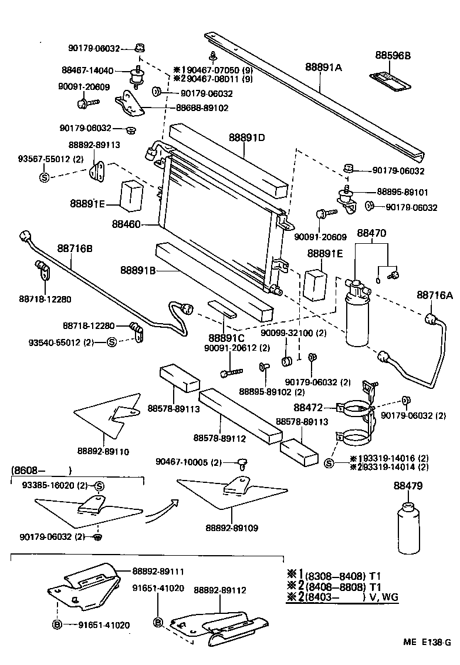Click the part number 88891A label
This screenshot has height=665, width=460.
(x=323, y=68)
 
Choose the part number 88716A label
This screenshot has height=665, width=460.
(x=435, y=295)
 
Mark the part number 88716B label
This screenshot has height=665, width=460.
(x=75, y=248)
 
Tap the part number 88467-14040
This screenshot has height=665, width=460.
(x=87, y=70)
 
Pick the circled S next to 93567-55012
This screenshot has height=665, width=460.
(x=43, y=177)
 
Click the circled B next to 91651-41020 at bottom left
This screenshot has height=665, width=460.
(x=58, y=625)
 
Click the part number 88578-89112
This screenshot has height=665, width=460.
(x=219, y=438)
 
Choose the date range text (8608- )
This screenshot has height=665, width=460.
(x=41, y=470)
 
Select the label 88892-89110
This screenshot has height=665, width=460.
(x=103, y=451)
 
